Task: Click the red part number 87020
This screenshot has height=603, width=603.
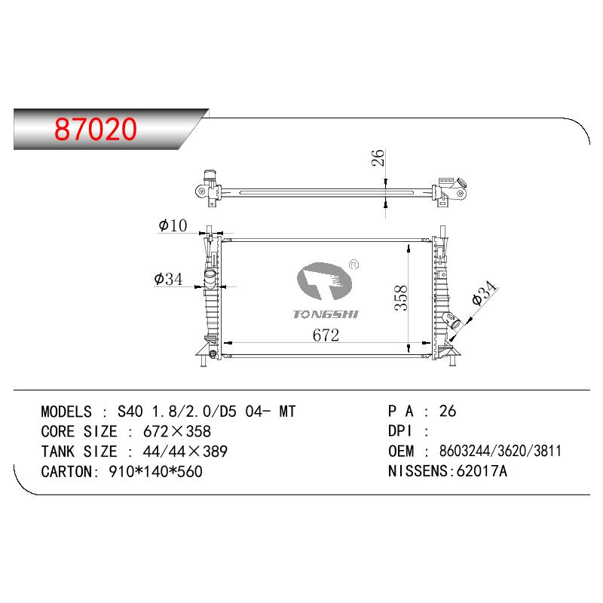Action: tap(96, 129)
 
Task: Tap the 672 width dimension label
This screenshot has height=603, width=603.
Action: tap(326, 335)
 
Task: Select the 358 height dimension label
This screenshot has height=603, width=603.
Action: tap(401, 298)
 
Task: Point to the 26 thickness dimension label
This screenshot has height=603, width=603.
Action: tap(378, 158)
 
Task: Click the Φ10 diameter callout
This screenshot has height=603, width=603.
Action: tap(173, 225)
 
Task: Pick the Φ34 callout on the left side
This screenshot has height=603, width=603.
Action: tap(168, 279)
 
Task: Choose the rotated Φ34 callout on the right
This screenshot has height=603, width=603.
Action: tap(484, 293)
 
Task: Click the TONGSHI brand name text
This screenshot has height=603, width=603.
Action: tap(326, 314)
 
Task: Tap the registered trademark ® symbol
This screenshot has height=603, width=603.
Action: tap(354, 265)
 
